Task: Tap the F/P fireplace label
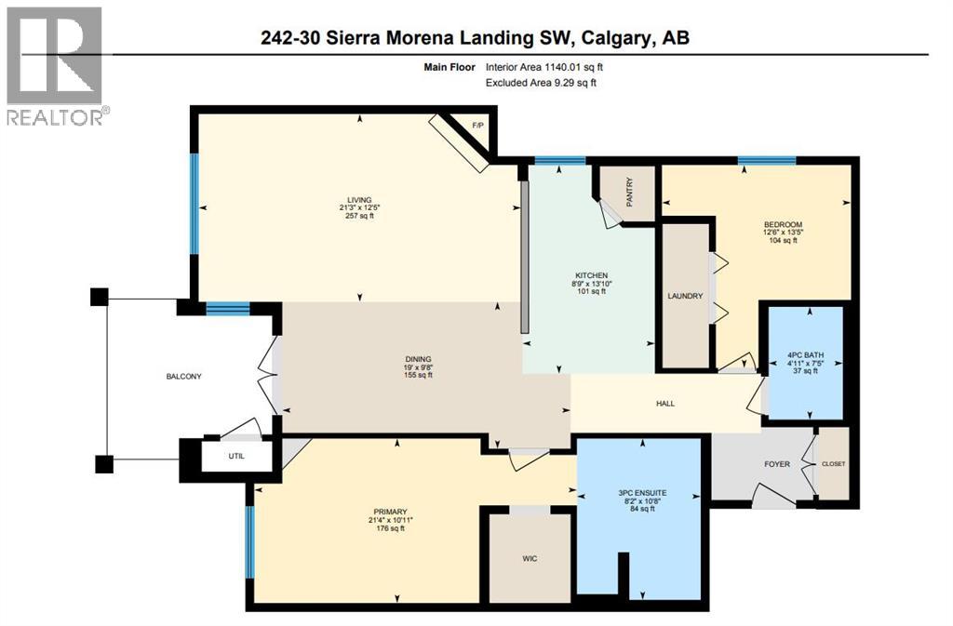pos(478,125)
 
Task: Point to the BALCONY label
pos(183,376)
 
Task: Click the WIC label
pos(530,558)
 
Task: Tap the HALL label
pos(664,404)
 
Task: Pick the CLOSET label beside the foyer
pos(834,463)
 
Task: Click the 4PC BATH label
pos(803,353)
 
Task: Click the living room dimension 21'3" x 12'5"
pos(359,207)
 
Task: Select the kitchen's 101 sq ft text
pos(591,291)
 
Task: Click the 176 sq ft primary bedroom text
pos(390,529)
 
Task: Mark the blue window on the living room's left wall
pos(195,203)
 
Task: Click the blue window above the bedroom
pos(767,161)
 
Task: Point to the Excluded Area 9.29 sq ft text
pos(541,83)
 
